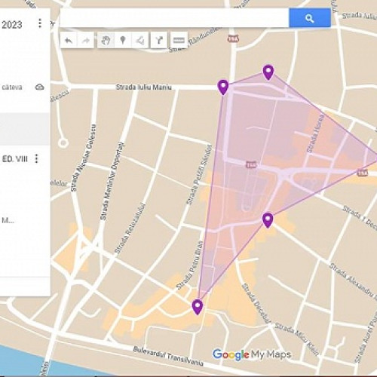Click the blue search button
coord(309,17)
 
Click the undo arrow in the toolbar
coord(69,40)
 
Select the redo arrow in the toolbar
coord(86,40)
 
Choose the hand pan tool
coord(105,40)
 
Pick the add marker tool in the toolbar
coord(122,40)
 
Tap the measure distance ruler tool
coord(179,40)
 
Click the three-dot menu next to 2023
coord(39,23)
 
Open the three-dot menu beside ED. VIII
coord(37,158)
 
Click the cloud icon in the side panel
coord(39,87)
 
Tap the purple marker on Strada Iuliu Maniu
coord(223,87)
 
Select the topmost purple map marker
coord(268,72)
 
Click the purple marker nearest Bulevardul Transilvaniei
coord(198,306)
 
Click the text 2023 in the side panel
coord(11,24)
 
